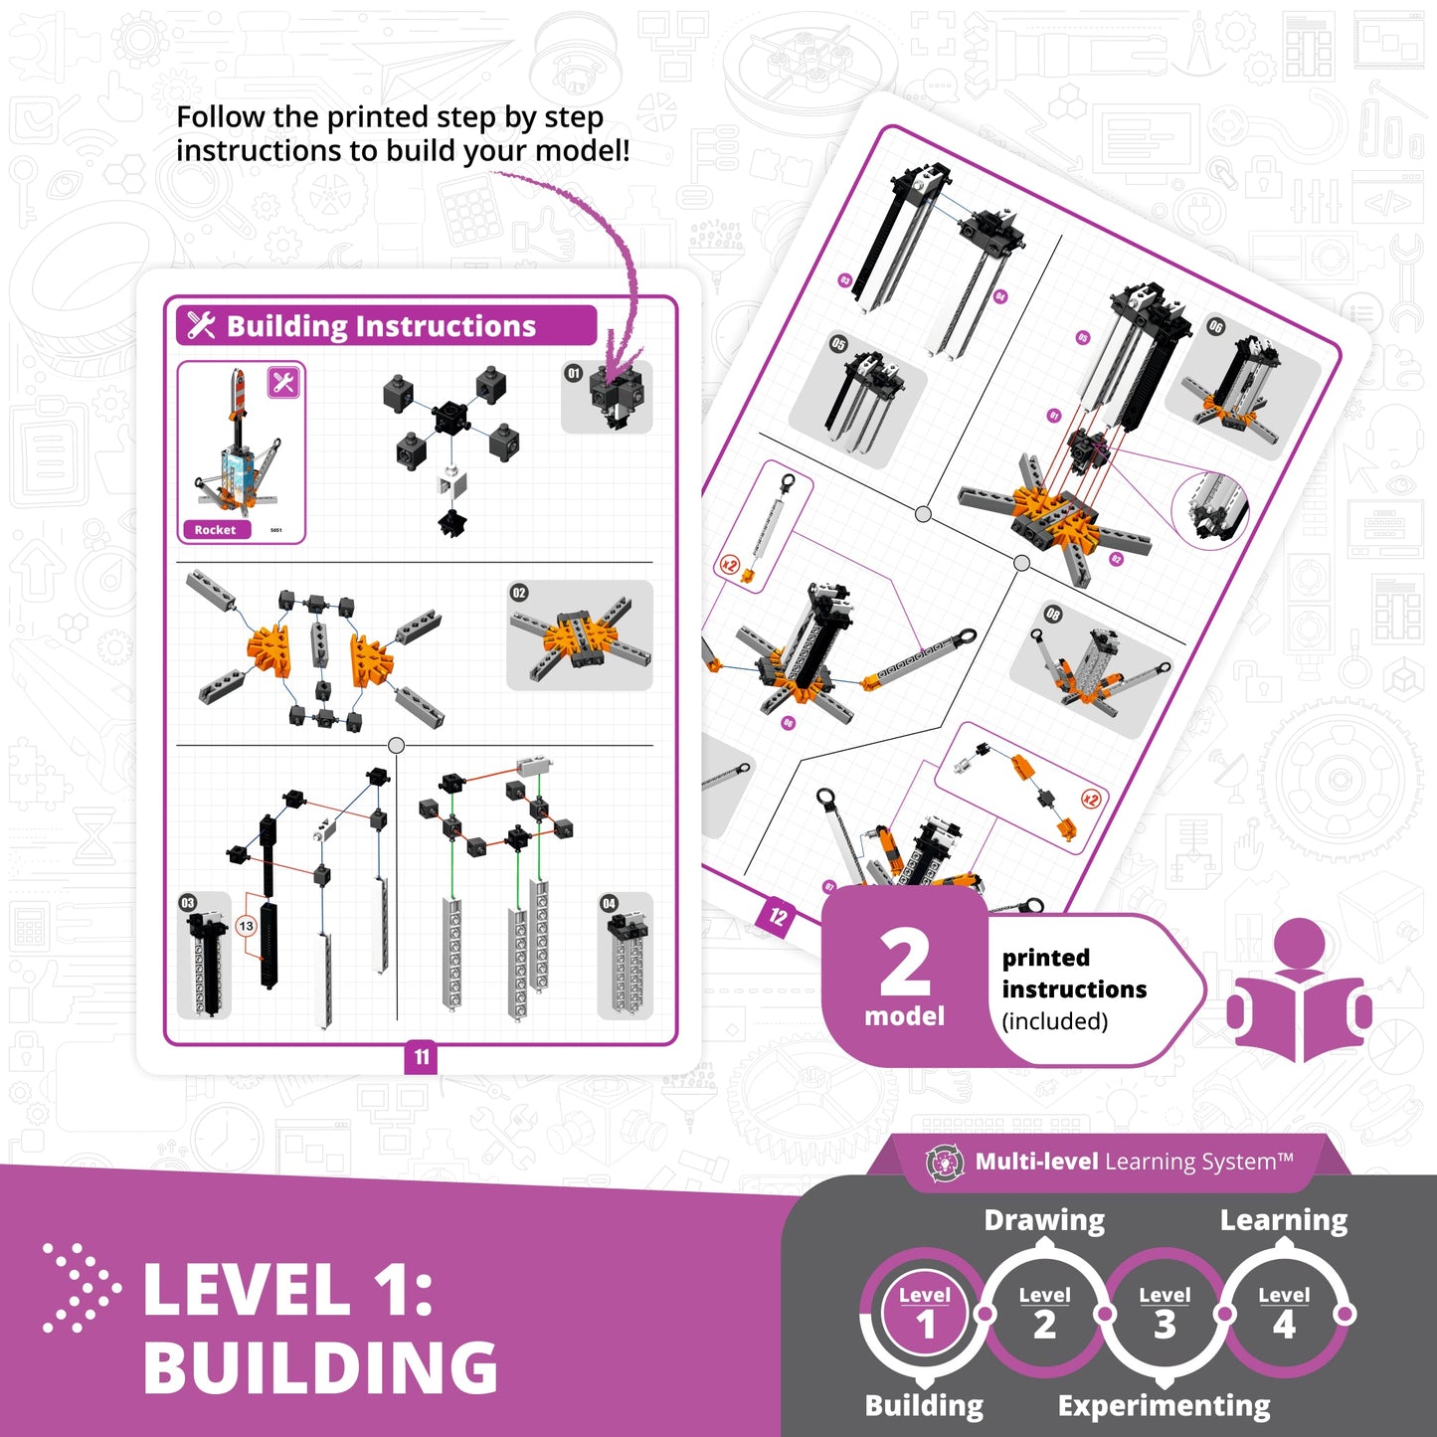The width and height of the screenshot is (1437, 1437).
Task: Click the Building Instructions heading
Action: point(381,326)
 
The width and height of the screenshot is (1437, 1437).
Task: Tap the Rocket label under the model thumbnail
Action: point(215,530)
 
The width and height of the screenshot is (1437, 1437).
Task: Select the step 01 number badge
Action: point(573,373)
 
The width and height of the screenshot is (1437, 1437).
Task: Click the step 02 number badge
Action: point(519,593)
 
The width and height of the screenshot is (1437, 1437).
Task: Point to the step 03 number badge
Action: point(187,903)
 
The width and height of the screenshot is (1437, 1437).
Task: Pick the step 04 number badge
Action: point(609,903)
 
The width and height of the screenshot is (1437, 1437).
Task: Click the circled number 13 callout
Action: point(246,926)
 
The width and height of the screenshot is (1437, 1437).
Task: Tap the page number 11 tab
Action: point(422,1057)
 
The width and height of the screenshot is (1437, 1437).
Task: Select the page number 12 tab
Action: point(777,916)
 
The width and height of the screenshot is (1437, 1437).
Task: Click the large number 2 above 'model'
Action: point(904,963)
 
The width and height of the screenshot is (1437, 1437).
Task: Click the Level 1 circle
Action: point(925,1314)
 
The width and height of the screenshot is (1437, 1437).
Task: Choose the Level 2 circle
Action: point(1044,1314)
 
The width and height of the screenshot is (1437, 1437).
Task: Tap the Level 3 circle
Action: point(1165,1314)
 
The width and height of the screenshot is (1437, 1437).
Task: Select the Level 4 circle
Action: point(1284,1314)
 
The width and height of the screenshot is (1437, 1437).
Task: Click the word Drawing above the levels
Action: point(1044,1220)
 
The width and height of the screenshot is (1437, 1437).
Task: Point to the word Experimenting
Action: point(1164,1406)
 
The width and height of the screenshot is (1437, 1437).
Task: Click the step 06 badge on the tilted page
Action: point(1215,326)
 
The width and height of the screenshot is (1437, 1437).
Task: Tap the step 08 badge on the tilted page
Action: point(1053,614)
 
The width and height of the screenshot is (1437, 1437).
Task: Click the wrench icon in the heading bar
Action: point(201,325)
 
